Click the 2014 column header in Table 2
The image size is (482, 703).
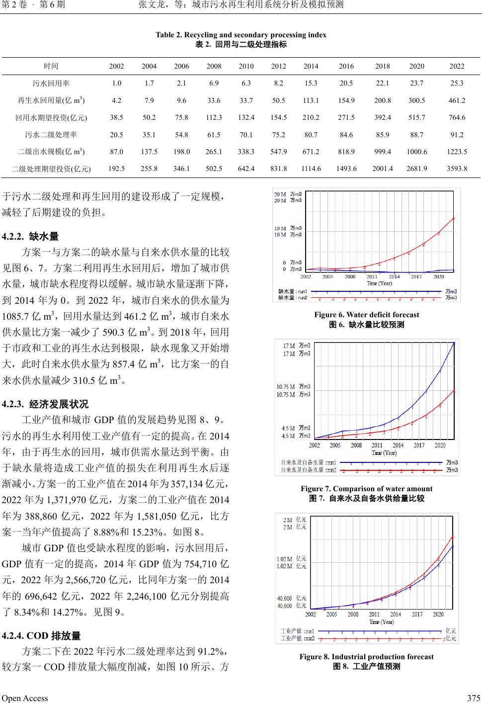311,66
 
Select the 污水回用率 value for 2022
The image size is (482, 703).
457,83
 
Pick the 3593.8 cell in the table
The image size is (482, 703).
457,169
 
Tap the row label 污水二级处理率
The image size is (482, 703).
51,134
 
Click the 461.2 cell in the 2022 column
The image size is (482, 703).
457,100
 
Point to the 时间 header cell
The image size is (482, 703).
51,66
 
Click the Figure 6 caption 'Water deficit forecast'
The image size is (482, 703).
366,315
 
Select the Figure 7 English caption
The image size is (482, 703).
366,489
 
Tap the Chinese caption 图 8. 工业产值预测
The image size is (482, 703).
366,666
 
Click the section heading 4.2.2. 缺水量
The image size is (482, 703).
31,237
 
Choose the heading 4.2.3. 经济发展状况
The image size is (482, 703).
45,404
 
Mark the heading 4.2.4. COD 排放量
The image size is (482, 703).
41,636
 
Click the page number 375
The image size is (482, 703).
473,698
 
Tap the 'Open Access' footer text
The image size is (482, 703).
25,698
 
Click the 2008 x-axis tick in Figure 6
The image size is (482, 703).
350,277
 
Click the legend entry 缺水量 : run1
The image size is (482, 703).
293,291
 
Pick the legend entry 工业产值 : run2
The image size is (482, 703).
298,638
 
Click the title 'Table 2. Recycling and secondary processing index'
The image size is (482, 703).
241,35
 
